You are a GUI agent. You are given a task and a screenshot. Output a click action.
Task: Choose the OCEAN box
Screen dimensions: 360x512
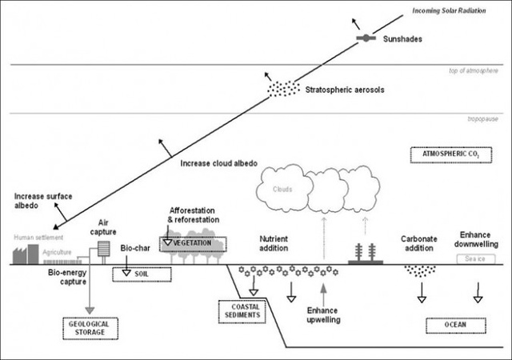454,325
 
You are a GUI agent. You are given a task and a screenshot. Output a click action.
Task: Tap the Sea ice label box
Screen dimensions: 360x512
475,258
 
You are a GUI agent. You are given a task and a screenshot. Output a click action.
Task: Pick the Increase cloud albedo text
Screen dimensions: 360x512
218,163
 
